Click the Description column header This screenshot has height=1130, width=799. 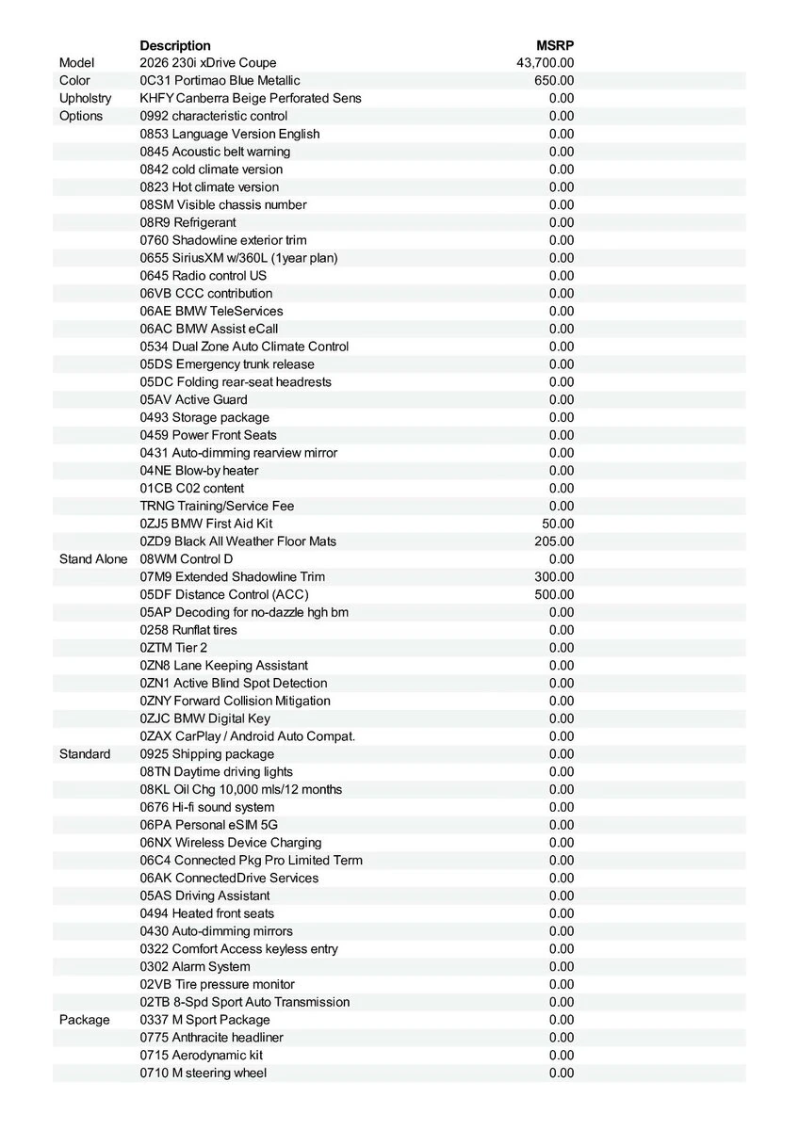175,45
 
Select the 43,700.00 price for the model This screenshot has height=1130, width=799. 546,63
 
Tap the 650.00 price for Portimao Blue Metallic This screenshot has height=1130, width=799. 554,81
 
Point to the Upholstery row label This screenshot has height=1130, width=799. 85,99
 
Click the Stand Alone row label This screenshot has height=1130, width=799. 92,559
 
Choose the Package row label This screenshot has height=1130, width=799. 84,1020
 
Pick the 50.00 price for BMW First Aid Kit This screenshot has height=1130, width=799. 558,524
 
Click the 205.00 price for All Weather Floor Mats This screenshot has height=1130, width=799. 554,541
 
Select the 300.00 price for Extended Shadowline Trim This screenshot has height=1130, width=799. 554,577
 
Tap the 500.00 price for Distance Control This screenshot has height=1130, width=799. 554,595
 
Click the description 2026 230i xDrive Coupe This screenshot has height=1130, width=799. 208,63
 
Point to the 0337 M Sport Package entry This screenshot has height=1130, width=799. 204,1020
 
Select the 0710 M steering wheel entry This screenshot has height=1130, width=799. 203,1073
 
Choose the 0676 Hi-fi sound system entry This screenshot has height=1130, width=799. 207,807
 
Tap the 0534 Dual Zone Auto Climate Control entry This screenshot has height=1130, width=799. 244,347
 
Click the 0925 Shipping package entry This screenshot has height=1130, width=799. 207,754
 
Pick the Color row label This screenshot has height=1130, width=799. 74,81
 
